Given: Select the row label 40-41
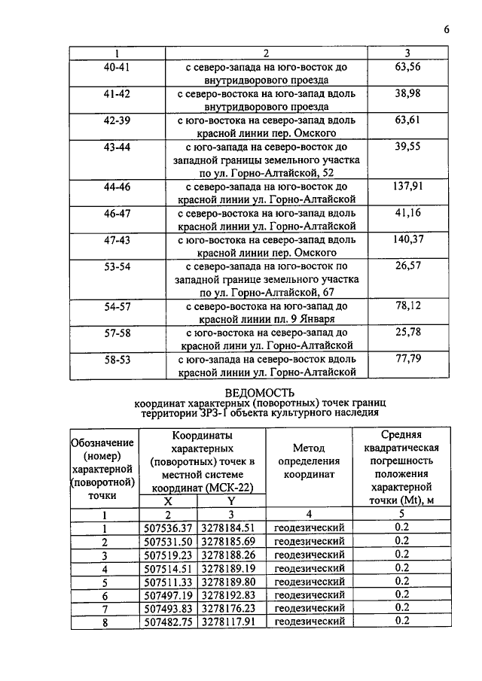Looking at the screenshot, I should tap(117, 67).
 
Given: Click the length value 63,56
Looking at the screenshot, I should tap(407, 67).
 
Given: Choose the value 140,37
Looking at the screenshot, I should tap(407, 239).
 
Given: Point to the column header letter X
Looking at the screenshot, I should tap(167, 500).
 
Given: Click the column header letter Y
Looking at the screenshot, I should tap(232, 500).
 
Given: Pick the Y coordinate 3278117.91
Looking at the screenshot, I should tap(232, 621).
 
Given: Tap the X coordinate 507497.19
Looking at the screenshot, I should tap(168, 594).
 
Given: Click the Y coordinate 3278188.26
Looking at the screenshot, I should tap(232, 554).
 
